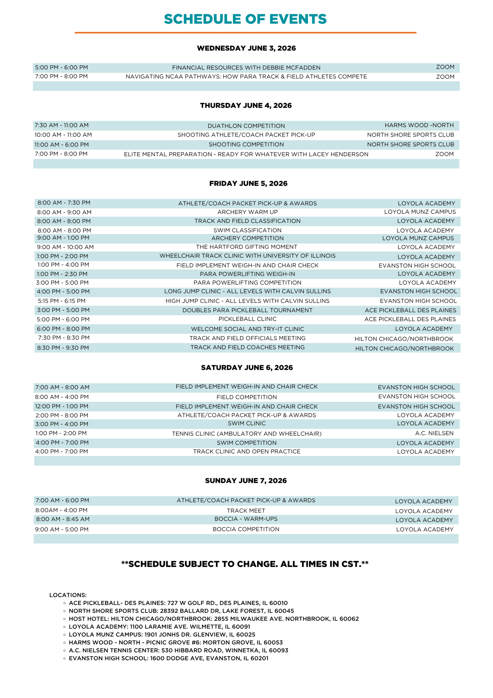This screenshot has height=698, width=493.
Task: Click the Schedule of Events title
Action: pyautogui.click(x=245, y=19)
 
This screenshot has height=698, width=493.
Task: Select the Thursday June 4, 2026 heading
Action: pyautogui.click(x=246, y=106)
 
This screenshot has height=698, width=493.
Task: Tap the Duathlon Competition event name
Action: pyautogui.click(x=246, y=126)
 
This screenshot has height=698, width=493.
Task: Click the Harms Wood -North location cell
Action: pyautogui.click(x=419, y=125)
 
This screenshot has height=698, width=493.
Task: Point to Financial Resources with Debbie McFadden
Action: pyautogui.click(x=246, y=68)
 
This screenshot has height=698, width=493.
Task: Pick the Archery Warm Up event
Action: pyautogui.click(x=247, y=212)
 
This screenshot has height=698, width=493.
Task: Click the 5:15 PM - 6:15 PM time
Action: pyautogui.click(x=62, y=301)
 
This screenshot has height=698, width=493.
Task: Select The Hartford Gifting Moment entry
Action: pyautogui.click(x=246, y=247)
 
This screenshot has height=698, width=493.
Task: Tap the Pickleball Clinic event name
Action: pyautogui.click(x=247, y=319)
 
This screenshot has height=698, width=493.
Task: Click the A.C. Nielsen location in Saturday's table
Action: pyautogui.click(x=434, y=433)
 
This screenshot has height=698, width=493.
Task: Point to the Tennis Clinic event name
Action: pyautogui.click(x=246, y=434)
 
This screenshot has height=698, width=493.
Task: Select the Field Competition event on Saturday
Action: pyautogui.click(x=246, y=397)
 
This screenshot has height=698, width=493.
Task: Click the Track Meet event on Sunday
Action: pyautogui.click(x=246, y=511)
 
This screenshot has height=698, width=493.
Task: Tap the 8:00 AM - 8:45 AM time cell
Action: pyautogui.click(x=63, y=519)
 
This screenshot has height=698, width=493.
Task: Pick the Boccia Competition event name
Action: pyautogui.click(x=246, y=529)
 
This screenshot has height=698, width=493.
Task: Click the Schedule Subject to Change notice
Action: pyautogui.click(x=245, y=564)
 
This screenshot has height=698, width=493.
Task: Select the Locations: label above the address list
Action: pyautogui.click(x=68, y=595)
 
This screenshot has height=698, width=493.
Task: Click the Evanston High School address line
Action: pyautogui.click(x=168, y=658)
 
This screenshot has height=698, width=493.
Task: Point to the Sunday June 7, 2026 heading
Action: pyautogui.click(x=246, y=481)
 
